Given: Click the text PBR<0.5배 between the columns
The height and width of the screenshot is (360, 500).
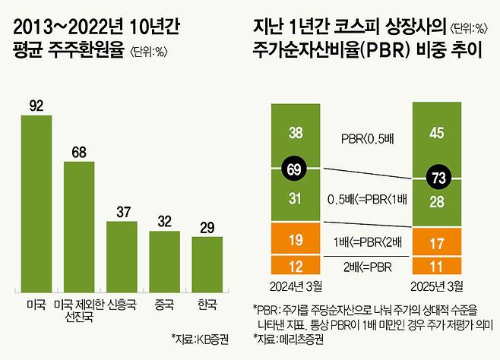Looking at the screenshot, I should tap(365, 138).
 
